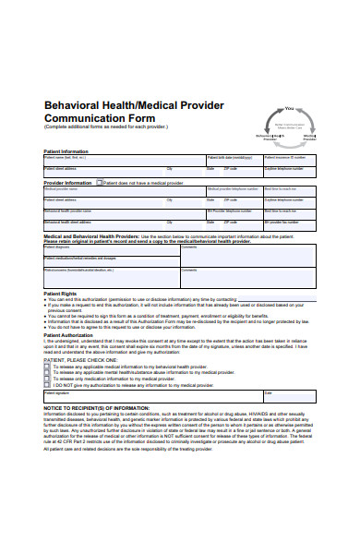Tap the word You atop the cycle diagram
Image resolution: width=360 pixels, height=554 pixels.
point(289,108)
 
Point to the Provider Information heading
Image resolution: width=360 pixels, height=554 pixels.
point(68,184)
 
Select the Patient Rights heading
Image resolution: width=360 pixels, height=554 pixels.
point(59,293)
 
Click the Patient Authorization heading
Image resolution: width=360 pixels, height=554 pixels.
point(68,334)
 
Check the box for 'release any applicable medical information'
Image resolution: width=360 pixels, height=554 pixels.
point(47,367)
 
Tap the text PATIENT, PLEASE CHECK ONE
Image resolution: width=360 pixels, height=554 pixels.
point(83,359)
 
